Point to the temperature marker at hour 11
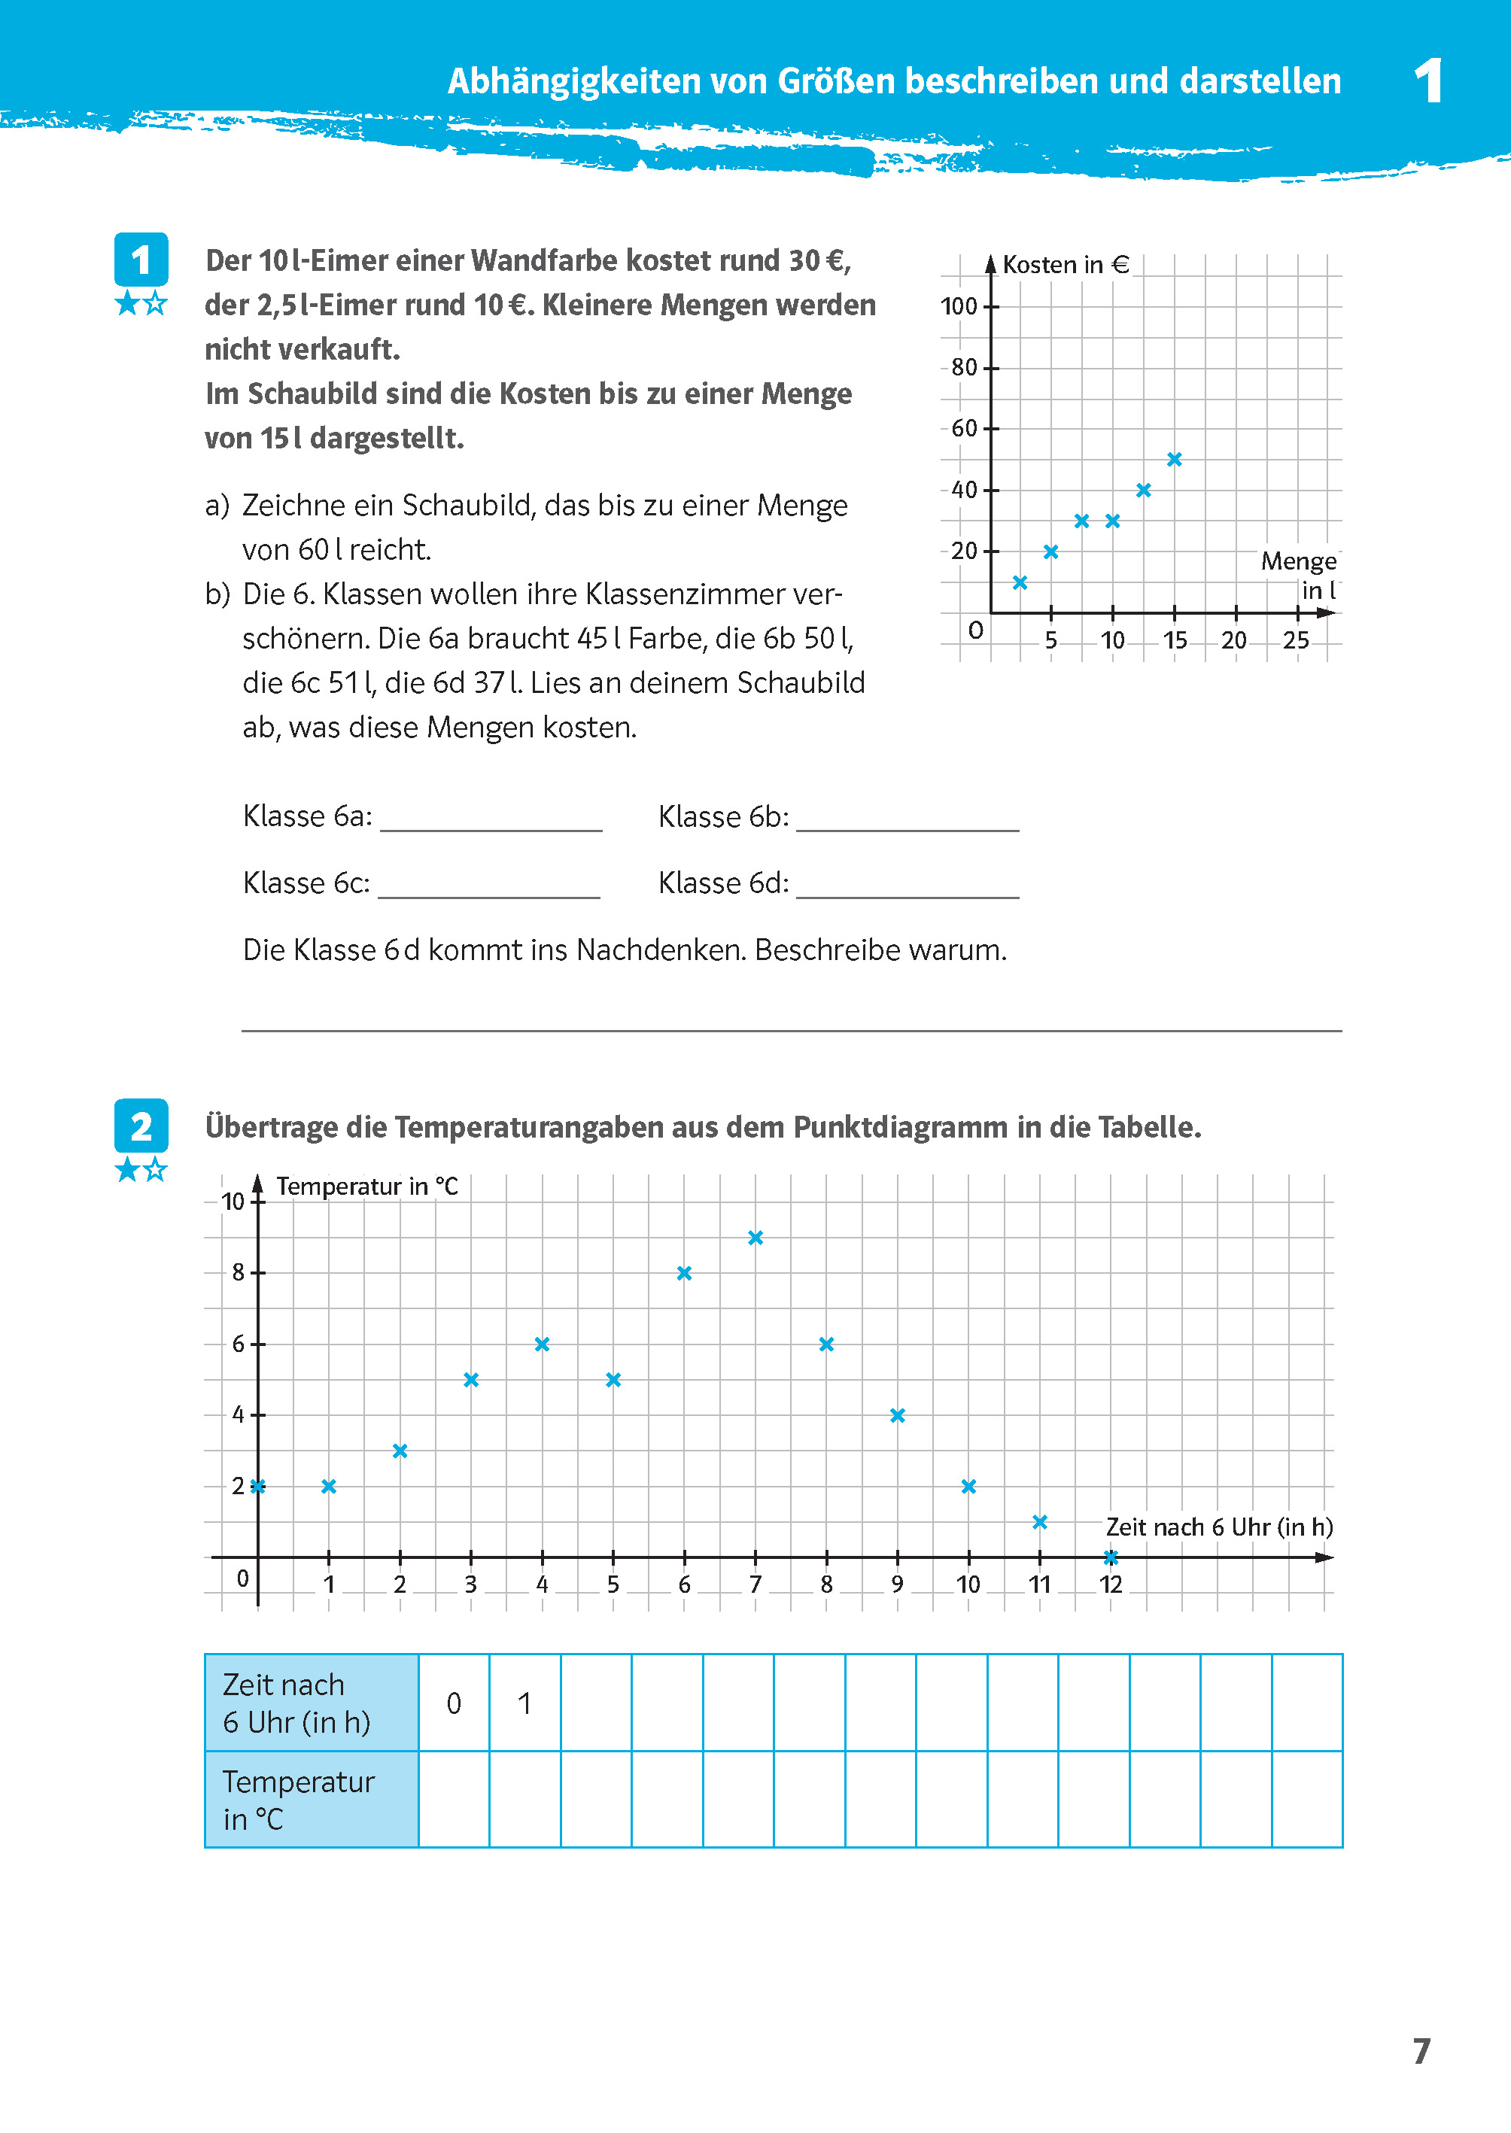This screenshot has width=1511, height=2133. (1040, 1522)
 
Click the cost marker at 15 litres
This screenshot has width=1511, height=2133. (1174, 459)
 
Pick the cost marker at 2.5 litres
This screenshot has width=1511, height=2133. (1020, 582)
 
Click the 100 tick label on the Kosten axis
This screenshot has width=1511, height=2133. (959, 306)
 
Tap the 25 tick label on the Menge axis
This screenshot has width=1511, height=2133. (1296, 640)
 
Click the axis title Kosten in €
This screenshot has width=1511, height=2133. (1066, 265)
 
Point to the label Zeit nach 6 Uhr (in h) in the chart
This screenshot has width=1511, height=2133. (1219, 1527)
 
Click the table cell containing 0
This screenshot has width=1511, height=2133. (454, 1703)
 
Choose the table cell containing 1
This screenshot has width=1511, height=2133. (524, 1703)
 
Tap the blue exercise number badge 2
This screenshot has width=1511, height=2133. (141, 1126)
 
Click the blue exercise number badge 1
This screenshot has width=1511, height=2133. (141, 260)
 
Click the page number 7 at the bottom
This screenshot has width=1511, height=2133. (1421, 2051)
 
